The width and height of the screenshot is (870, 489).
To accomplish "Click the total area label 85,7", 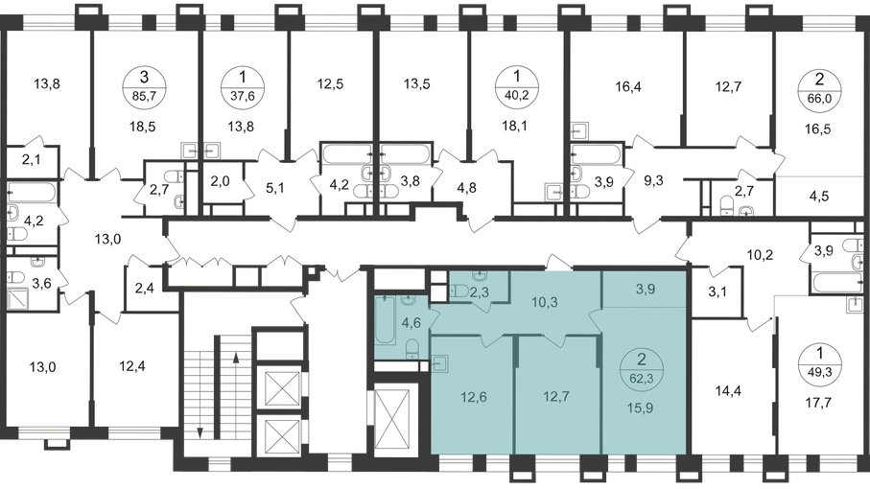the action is click(144, 95).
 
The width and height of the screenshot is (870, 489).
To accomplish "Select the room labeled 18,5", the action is click(144, 127).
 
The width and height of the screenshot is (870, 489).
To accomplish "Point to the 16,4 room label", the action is click(628, 86).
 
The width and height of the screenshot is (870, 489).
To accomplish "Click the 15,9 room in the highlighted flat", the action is click(642, 408).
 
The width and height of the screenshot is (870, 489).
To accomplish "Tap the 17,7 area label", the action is click(819, 403).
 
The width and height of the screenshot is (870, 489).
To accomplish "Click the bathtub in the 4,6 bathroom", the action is click(385, 321).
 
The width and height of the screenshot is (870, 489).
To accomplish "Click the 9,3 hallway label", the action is click(653, 181).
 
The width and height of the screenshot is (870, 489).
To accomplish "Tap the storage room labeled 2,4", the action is click(144, 288).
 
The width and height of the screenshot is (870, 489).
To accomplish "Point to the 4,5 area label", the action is click(819, 197).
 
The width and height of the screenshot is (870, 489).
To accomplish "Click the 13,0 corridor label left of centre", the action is click(108, 240).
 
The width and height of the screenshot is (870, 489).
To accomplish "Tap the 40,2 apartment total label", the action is click(517, 94).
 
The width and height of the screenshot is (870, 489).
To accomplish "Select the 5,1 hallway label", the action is click(274, 188).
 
